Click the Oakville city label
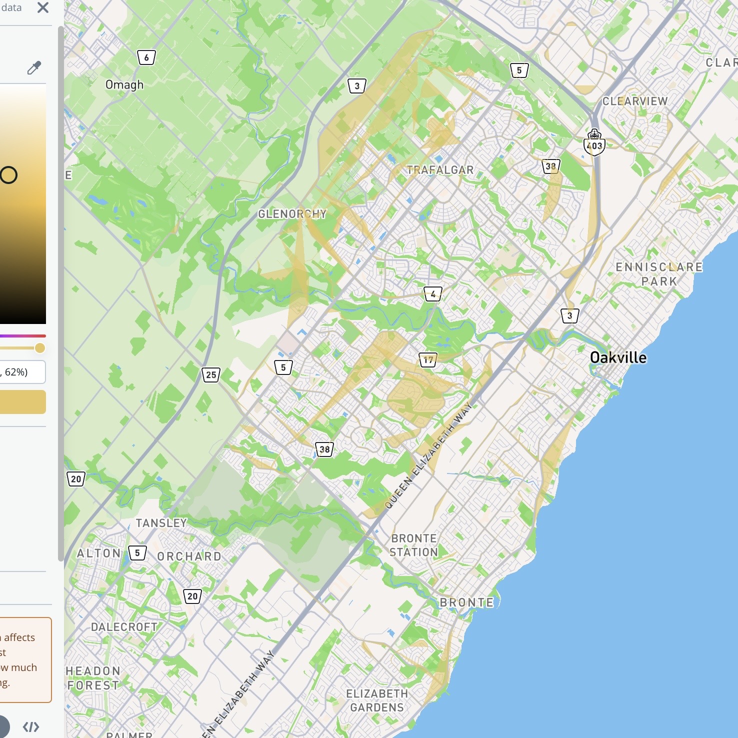click(618, 357)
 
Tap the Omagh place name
click(124, 85)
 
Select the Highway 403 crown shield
click(594, 142)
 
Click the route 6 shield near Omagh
click(146, 57)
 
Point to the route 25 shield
click(211, 374)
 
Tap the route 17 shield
click(428, 359)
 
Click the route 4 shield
click(433, 294)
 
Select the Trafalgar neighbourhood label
click(440, 170)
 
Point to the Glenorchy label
click(292, 214)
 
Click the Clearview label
click(635, 101)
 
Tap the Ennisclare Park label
click(659, 274)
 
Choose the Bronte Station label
click(414, 545)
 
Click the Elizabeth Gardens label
click(377, 700)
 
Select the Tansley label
click(161, 523)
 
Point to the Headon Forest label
click(93, 678)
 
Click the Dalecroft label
click(124, 627)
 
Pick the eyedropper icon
click(34, 67)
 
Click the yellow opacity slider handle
click(40, 348)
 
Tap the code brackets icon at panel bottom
click(31, 727)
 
